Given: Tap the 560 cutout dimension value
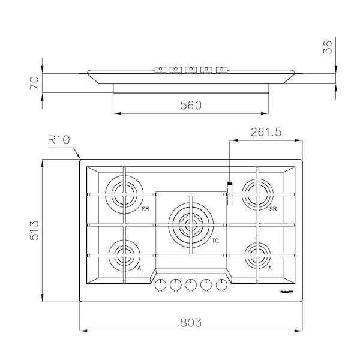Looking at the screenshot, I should click(191, 104).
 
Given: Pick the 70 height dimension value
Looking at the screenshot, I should click(35, 83).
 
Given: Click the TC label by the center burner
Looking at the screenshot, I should click(214, 241).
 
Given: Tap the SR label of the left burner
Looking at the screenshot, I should click(145, 209).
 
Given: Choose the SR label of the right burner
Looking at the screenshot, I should click(273, 209).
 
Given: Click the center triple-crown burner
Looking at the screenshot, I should click(191, 225).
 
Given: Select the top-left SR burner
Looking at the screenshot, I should click(124, 193).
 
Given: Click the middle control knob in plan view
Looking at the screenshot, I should click(191, 285).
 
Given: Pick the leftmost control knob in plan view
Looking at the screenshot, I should click(161, 285).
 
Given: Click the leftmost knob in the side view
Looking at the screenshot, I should click(160, 68).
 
